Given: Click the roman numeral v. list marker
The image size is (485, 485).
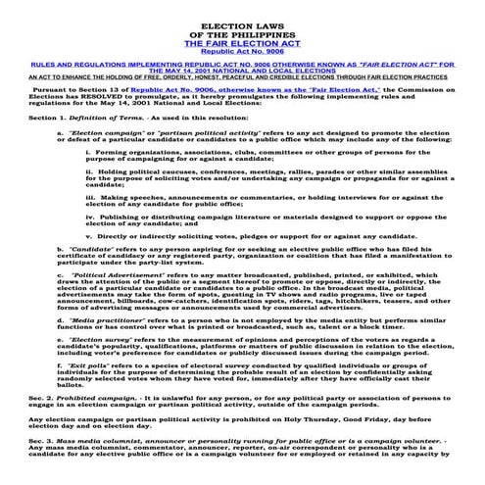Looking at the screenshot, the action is point(90,265).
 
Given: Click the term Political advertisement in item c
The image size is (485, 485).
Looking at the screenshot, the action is point(114,304).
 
